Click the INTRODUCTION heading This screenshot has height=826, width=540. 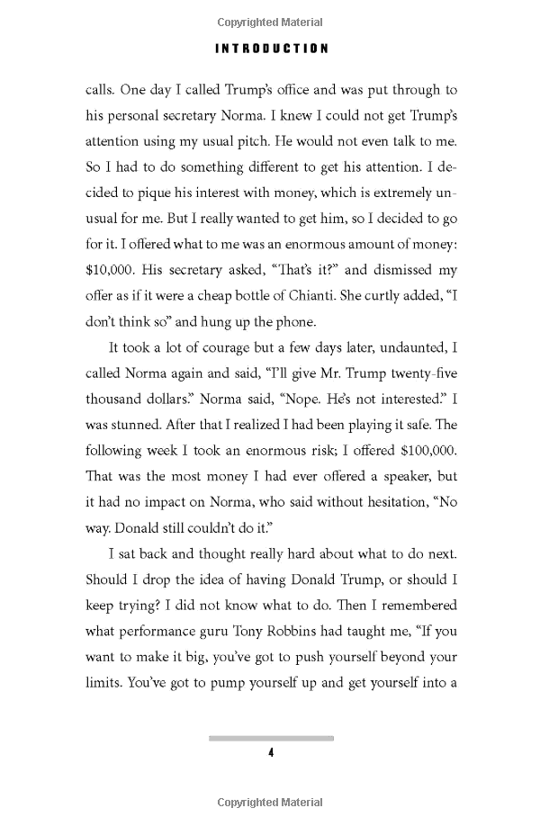[270, 49]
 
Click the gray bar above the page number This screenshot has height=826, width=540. [270, 738]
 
